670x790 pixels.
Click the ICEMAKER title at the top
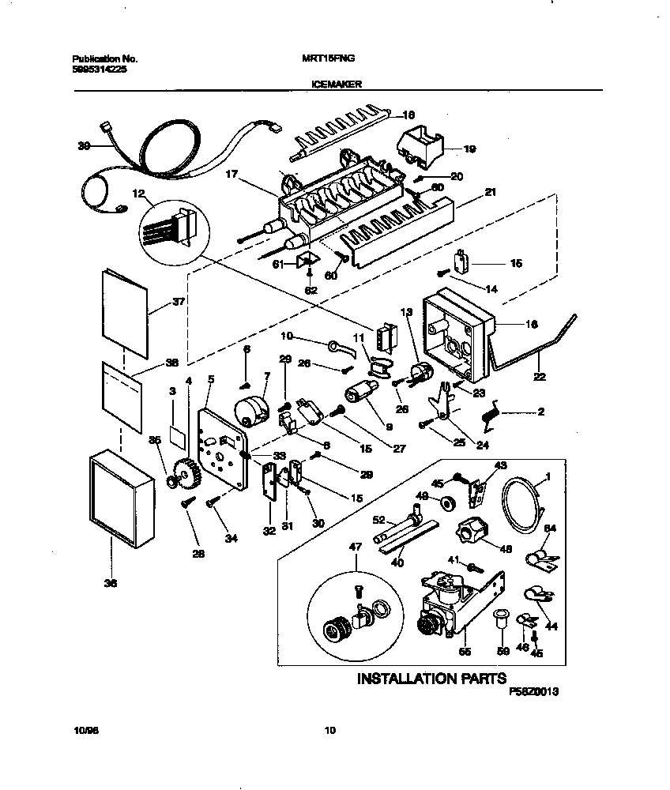pos(333,81)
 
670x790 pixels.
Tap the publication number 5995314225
pos(99,70)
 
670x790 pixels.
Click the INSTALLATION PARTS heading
pos(431,678)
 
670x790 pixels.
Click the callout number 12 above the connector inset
pos(138,194)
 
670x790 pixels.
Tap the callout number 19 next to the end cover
pos(469,148)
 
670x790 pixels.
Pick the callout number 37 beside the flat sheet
pos(178,302)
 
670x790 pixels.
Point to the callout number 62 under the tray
pos(311,290)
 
